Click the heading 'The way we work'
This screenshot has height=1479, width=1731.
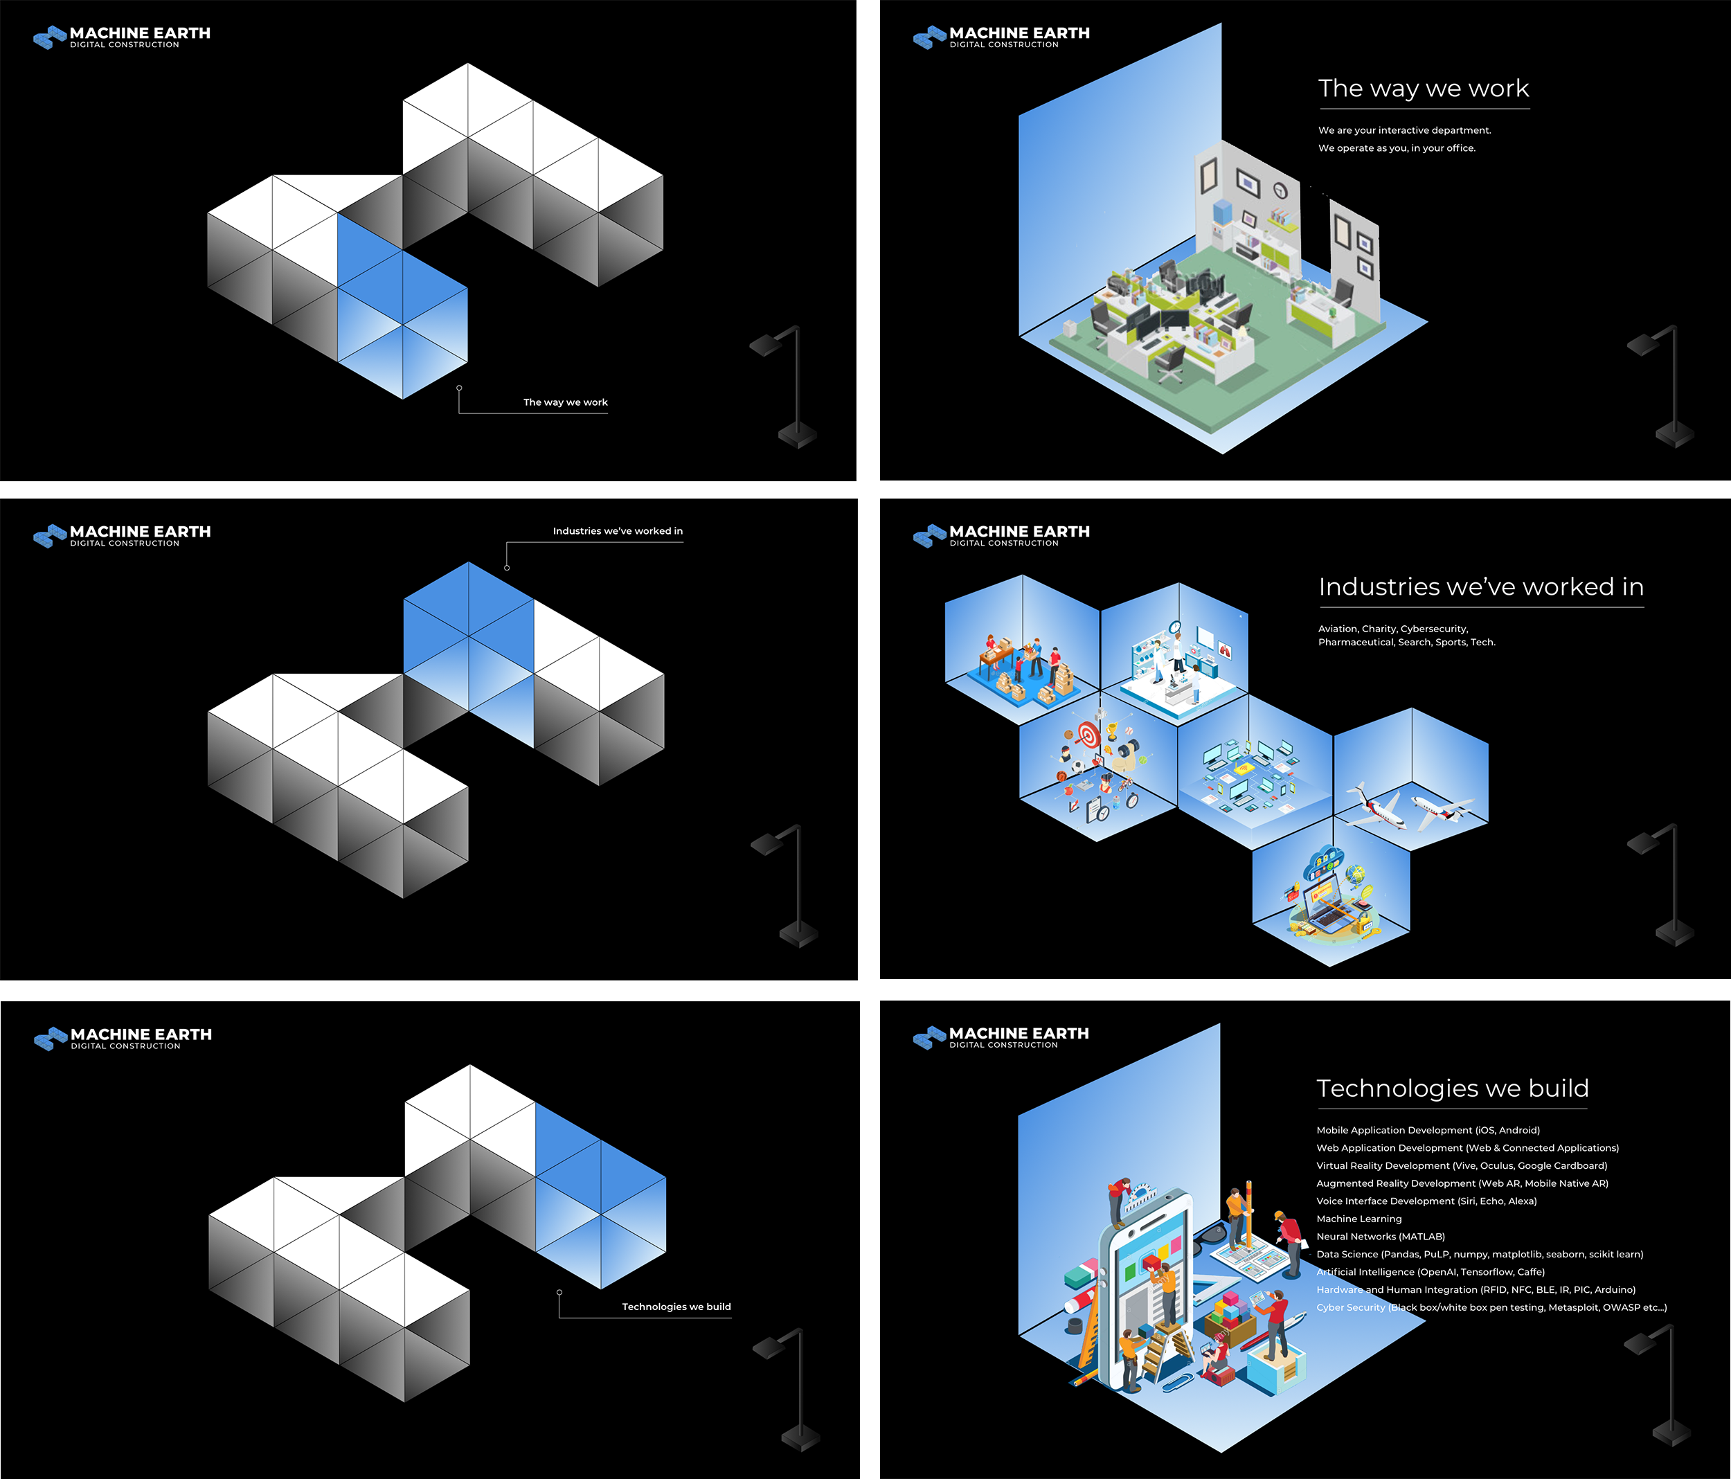(x=1423, y=89)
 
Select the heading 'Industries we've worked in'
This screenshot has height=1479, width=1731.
(x=1480, y=586)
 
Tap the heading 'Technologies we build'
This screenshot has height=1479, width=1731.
(x=1452, y=1088)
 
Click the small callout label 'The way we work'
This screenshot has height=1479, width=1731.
(x=565, y=402)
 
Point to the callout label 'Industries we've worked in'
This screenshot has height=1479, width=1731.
(x=618, y=530)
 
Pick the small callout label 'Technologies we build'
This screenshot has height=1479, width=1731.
(x=676, y=1306)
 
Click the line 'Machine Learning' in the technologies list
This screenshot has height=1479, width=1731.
(x=1358, y=1218)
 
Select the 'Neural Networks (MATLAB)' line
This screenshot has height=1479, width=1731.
(x=1380, y=1236)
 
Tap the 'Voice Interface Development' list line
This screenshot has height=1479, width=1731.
(x=1426, y=1201)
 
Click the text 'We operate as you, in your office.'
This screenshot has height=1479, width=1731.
(x=1396, y=148)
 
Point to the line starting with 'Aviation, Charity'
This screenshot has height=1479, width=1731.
(x=1392, y=628)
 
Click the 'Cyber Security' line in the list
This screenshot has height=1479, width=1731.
(x=1491, y=1307)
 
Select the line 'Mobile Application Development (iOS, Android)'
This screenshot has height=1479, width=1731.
(x=1428, y=1130)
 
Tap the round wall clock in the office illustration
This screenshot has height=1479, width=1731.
(x=1280, y=191)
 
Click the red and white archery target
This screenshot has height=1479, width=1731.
(x=1087, y=735)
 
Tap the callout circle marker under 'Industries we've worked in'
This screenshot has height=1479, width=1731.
(x=507, y=567)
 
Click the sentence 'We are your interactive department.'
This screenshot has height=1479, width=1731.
(x=1403, y=130)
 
